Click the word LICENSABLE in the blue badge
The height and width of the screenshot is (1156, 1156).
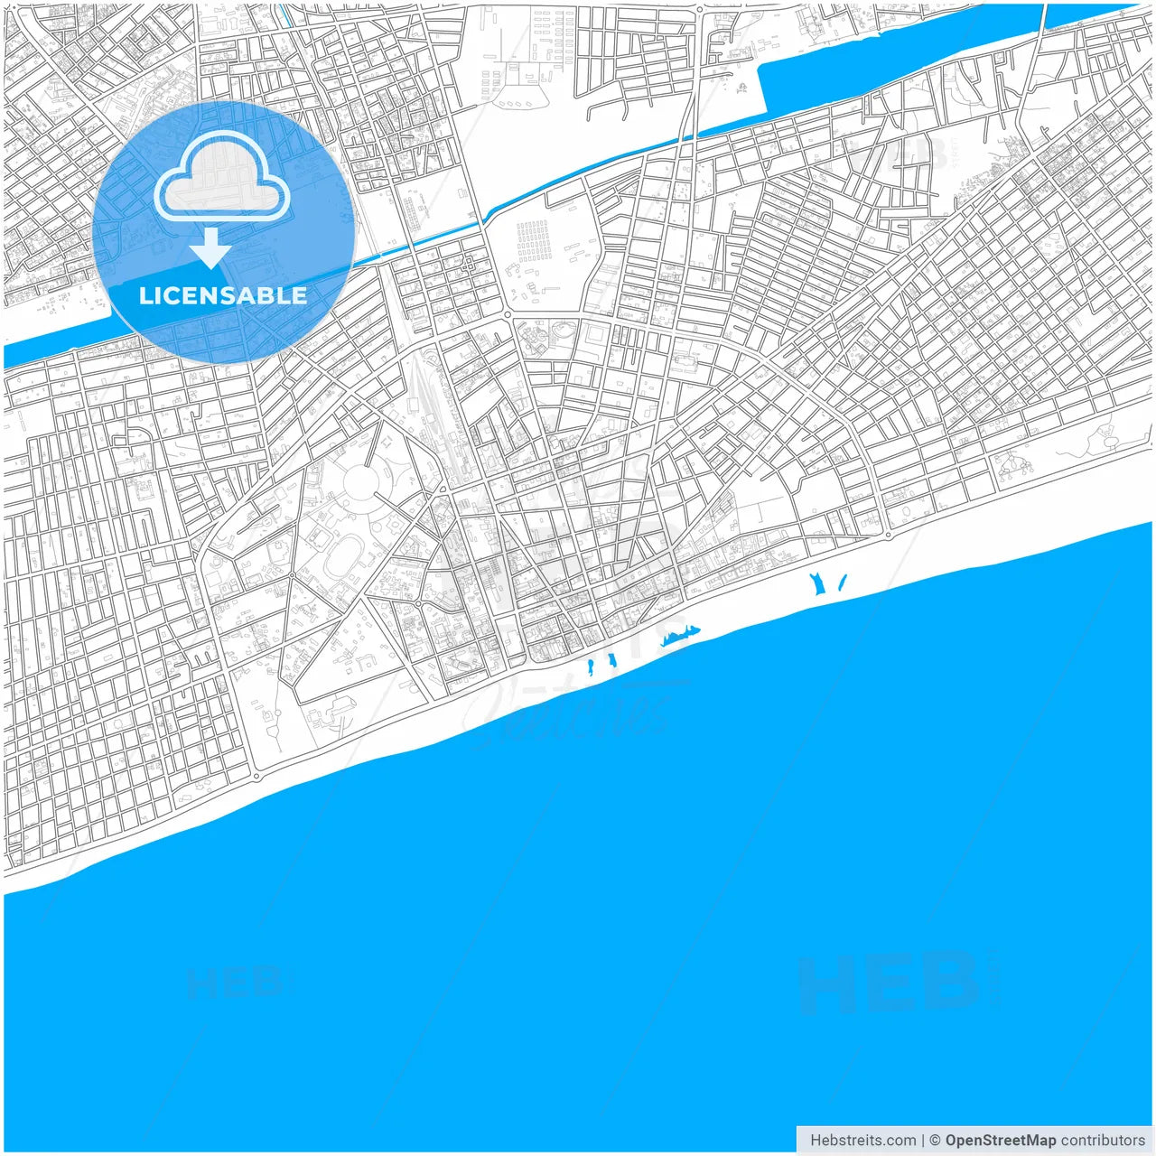[x=222, y=295]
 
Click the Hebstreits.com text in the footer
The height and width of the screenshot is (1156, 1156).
[x=862, y=1140]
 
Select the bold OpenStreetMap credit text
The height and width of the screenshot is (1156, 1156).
[x=1000, y=1140]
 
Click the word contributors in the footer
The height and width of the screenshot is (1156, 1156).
[x=1102, y=1140]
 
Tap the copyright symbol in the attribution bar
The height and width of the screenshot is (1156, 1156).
[x=935, y=1140]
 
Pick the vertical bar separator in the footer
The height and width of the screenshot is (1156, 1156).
[x=922, y=1140]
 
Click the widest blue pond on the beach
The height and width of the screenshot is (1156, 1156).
[x=680, y=636]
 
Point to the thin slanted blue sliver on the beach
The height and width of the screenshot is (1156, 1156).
[x=843, y=583]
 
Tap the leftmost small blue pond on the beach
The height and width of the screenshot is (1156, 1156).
[x=591, y=668]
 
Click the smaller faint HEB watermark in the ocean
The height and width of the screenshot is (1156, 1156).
[x=239, y=982]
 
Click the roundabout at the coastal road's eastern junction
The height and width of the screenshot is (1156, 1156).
[x=889, y=535]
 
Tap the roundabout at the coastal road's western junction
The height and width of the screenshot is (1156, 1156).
[x=257, y=775]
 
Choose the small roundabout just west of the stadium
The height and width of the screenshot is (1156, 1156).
[x=293, y=573]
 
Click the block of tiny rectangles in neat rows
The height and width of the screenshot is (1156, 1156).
[x=533, y=240]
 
